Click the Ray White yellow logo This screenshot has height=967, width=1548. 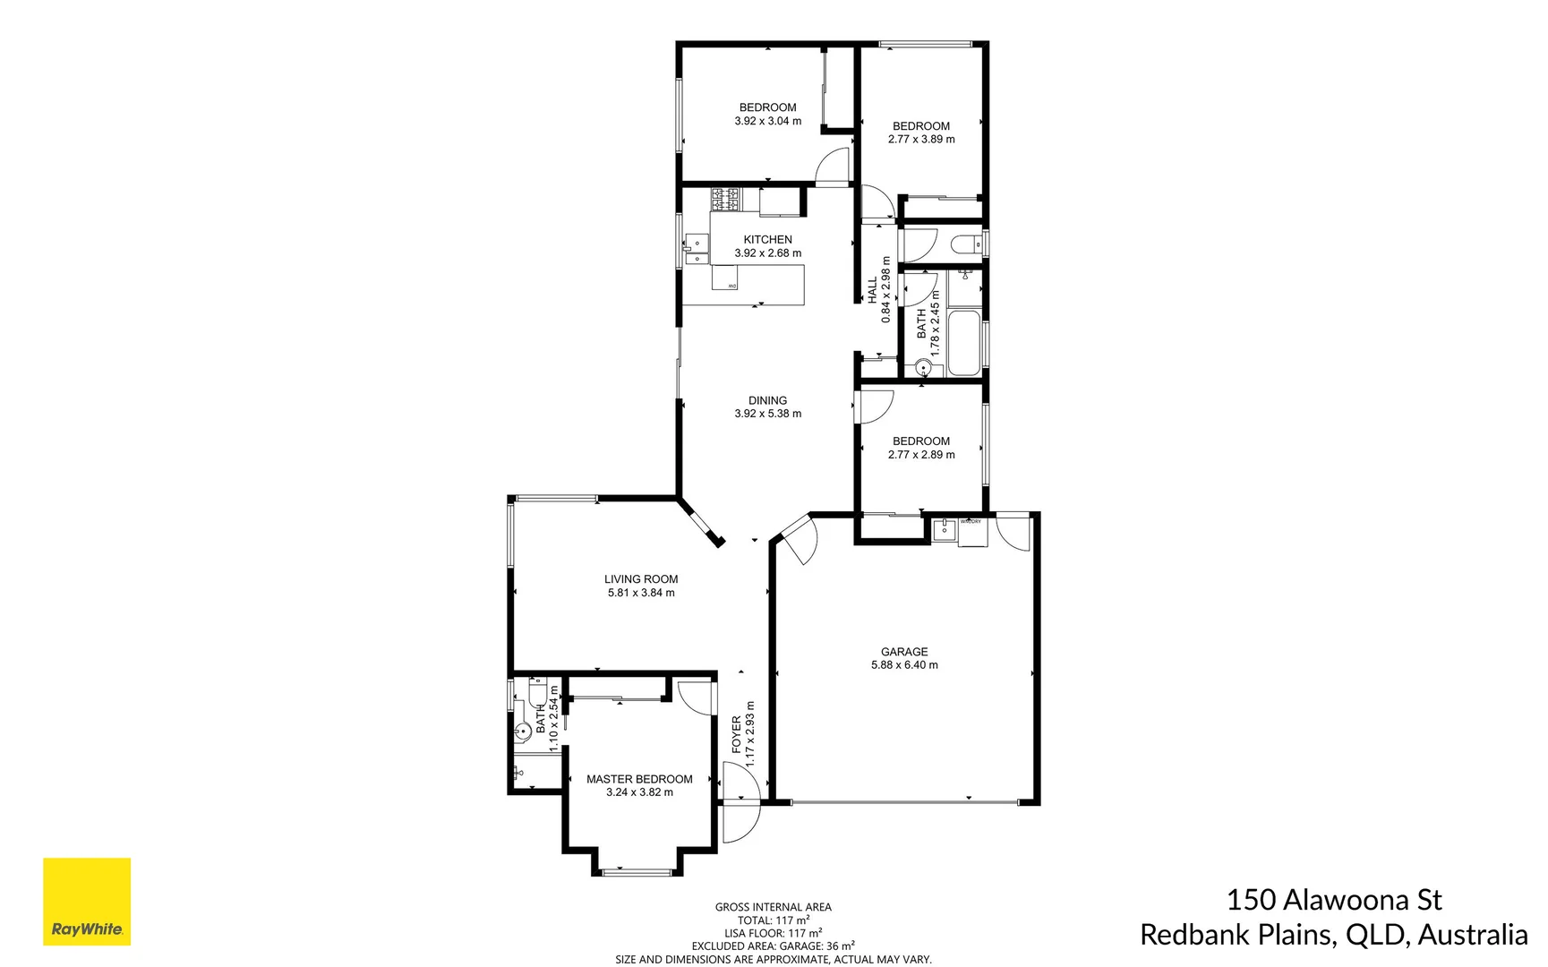tap(87, 901)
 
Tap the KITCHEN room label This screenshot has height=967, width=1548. tap(767, 240)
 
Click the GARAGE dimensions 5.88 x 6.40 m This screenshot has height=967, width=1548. tap(904, 665)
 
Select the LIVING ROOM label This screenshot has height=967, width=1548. tap(641, 579)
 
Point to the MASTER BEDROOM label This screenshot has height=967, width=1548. tap(639, 779)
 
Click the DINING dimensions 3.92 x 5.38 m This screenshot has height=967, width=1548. tap(767, 414)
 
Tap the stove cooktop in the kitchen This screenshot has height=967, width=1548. tap(725, 199)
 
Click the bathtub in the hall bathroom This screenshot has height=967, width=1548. tap(964, 343)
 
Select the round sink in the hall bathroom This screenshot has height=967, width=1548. tap(923, 368)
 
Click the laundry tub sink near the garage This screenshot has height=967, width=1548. tap(944, 530)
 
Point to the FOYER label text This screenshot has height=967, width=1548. tap(737, 734)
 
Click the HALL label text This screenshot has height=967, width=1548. tap(873, 289)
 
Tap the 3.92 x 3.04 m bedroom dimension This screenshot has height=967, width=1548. tap(767, 121)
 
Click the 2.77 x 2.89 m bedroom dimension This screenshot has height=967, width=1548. tap(921, 455)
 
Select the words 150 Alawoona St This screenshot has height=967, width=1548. tap(1333, 900)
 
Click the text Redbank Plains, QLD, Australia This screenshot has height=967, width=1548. tap(1333, 935)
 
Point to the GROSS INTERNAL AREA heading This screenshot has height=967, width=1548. tap(773, 907)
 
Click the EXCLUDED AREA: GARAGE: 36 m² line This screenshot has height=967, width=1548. tap(773, 946)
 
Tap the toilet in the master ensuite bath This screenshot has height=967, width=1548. tap(537, 693)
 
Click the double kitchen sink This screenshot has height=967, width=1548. tap(696, 250)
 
